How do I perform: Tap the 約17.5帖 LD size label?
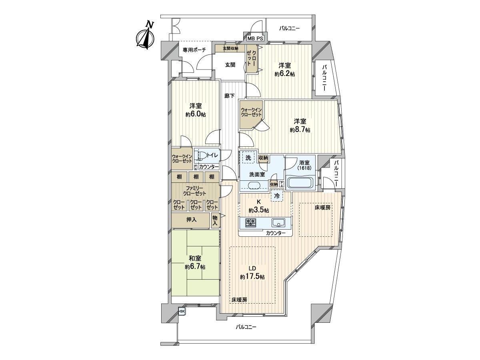[252, 277]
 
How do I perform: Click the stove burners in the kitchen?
[251, 223]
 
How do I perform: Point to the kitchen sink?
[278, 223]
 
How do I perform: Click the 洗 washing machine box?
[248, 158]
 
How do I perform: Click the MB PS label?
[255, 39]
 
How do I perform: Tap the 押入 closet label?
[191, 220]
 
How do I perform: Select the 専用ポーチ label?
[194, 50]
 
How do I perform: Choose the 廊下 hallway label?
[229, 96]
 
